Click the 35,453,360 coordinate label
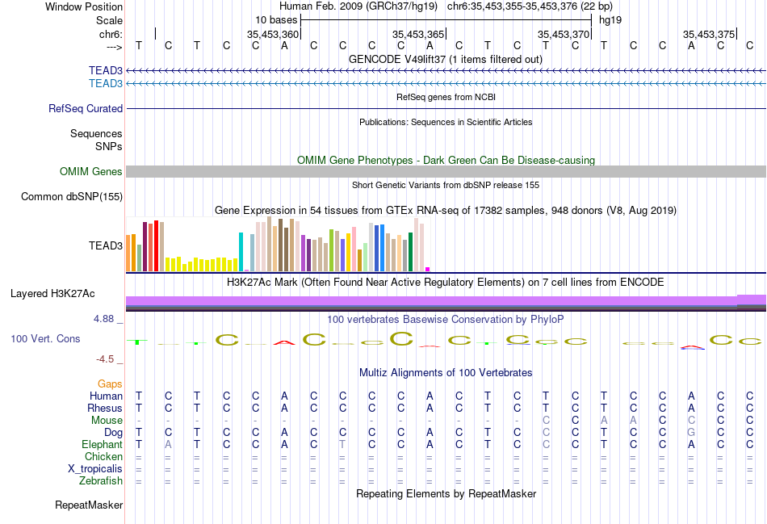point(272,35)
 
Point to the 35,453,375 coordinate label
point(709,35)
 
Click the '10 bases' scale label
point(276,19)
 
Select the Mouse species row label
point(107,421)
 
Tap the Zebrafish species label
point(101,481)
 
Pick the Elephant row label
point(102,445)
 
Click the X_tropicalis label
point(95,469)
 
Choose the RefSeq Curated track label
point(86,108)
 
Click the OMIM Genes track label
point(90,172)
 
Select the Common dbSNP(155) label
point(72,196)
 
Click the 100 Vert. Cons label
point(45,339)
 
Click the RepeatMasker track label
point(89,505)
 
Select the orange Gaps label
point(110,384)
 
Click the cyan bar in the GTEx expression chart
point(241,251)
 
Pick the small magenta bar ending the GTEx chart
point(428,269)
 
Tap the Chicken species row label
point(104,457)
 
